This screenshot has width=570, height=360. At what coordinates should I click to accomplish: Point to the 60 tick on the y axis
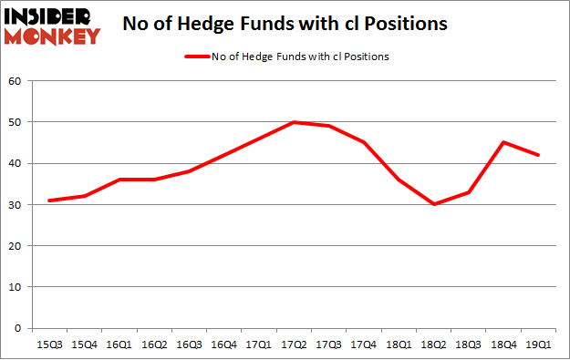pyautogui.click(x=16, y=80)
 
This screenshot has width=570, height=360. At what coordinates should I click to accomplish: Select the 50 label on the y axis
pyautogui.click(x=16, y=122)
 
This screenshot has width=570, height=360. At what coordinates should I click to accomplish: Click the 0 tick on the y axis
pyautogui.click(x=19, y=328)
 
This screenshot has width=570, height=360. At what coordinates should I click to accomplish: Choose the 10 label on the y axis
pyautogui.click(x=16, y=287)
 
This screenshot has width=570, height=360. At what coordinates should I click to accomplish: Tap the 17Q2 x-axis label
pyautogui.click(x=294, y=345)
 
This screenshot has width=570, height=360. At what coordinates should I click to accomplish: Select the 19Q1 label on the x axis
pyautogui.click(x=538, y=345)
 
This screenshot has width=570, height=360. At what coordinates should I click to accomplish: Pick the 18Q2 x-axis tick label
pyautogui.click(x=433, y=345)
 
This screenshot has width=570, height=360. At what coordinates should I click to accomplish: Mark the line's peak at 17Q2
pyautogui.click(x=294, y=122)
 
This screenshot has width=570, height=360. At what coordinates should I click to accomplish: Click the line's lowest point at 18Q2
pyautogui.click(x=433, y=204)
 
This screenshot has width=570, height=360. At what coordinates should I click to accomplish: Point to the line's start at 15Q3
pyautogui.click(x=49, y=201)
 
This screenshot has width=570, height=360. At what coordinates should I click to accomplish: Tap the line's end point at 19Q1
pyautogui.click(x=538, y=155)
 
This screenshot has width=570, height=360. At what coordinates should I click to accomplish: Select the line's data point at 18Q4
pyautogui.click(x=503, y=142)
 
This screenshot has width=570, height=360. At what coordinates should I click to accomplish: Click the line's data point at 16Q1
pyautogui.click(x=119, y=180)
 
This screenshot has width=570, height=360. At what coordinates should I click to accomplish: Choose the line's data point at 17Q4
pyautogui.click(x=363, y=142)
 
